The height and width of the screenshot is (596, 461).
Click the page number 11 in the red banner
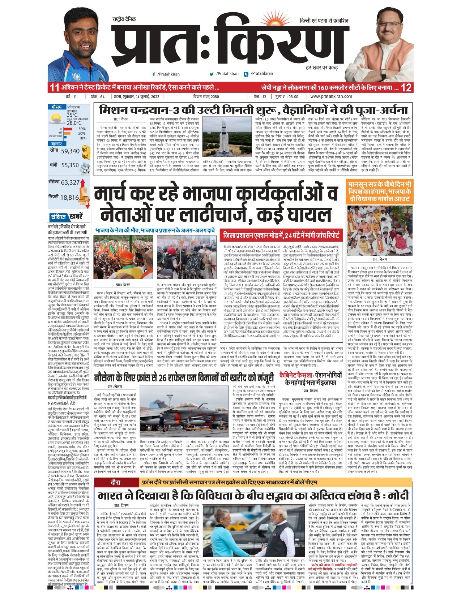point(54,87)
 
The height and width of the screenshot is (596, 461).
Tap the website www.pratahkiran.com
point(331,96)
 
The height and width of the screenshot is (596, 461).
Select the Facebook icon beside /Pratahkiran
point(154,74)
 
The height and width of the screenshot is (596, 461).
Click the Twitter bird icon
point(212,74)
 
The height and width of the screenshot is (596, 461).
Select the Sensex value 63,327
point(70,182)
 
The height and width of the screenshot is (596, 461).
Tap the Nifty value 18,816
point(69,198)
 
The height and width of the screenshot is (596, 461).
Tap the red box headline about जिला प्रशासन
point(282,235)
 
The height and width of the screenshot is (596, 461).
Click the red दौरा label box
point(115,482)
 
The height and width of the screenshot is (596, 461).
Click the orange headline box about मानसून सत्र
point(380,191)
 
